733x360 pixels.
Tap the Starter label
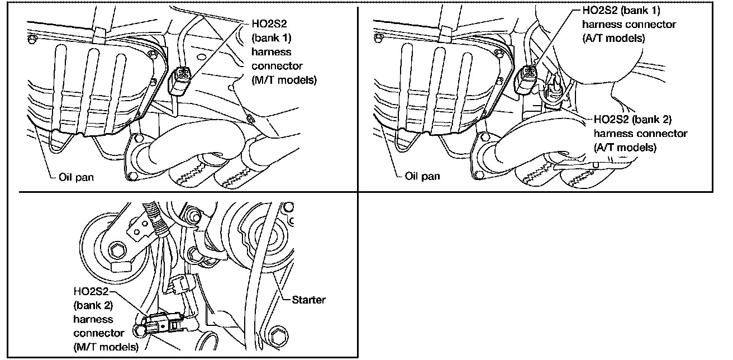pos(308,300)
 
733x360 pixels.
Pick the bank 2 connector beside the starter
pos(159,323)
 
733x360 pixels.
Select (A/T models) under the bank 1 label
pos(613,38)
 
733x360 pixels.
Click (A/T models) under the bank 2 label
pos(624,148)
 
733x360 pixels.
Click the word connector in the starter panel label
pos(98,333)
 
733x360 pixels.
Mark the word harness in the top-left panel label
pos(270,52)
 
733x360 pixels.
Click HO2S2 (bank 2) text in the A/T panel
pos(632,120)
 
